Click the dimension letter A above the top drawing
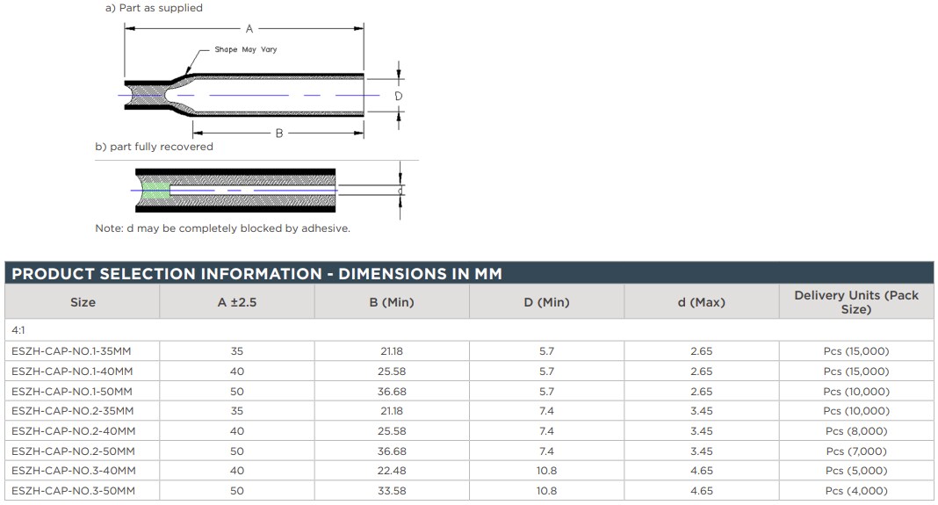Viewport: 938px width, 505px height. [249, 29]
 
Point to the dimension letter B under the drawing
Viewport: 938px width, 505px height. [279, 133]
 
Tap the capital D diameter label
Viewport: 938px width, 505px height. [399, 96]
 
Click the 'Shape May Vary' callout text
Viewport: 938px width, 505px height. [246, 50]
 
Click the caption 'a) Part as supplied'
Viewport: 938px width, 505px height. [154, 8]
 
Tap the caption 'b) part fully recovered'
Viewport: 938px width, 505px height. [154, 147]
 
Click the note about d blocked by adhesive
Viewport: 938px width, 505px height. [222, 228]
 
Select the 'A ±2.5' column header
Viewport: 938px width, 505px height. [237, 302]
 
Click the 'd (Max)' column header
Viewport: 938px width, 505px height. [701, 302]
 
